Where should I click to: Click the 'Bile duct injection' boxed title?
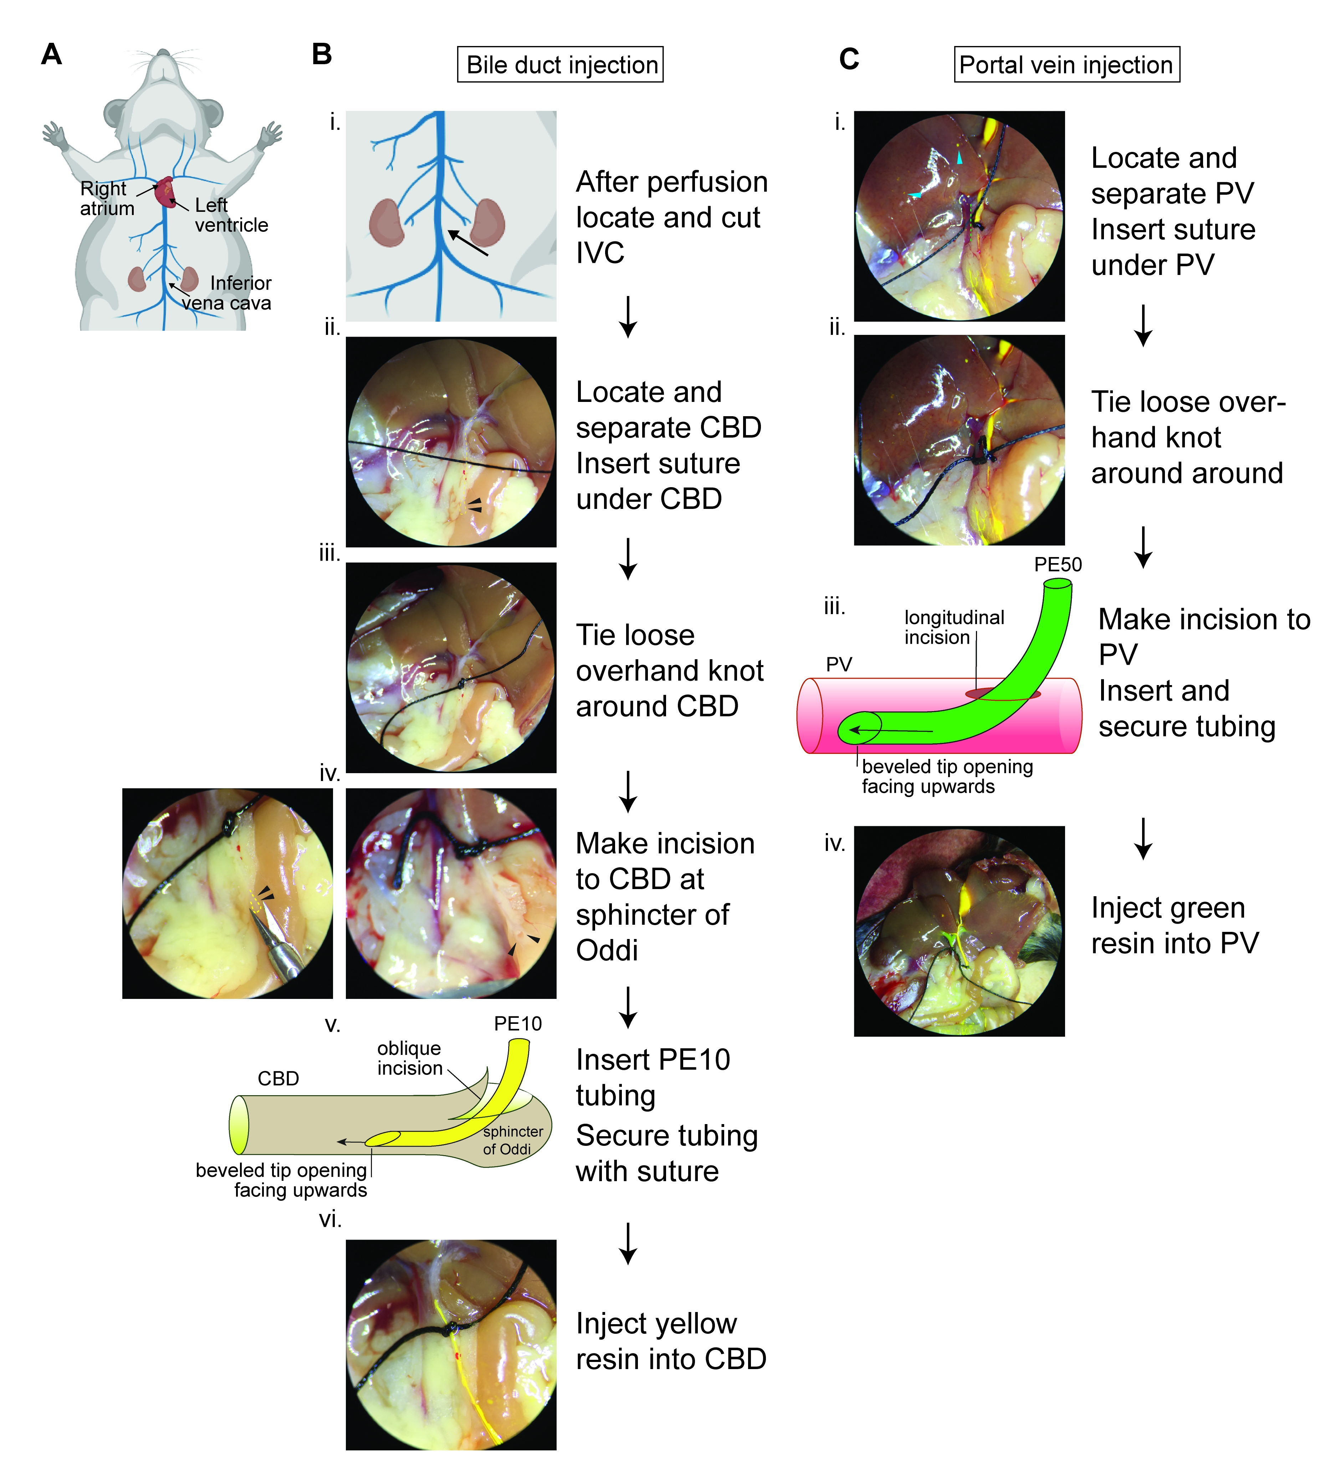pyautogui.click(x=560, y=65)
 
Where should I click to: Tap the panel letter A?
pyautogui.click(x=51, y=54)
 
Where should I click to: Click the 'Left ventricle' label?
pyautogui.click(x=230, y=215)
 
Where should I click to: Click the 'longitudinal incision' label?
pyautogui.click(x=954, y=627)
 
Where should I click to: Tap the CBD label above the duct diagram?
pyautogui.click(x=278, y=1078)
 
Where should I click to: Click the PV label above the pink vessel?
pyautogui.click(x=839, y=664)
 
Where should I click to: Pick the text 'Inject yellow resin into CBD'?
pyautogui.click(x=670, y=1341)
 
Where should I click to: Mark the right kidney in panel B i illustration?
pyautogui.click(x=487, y=222)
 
